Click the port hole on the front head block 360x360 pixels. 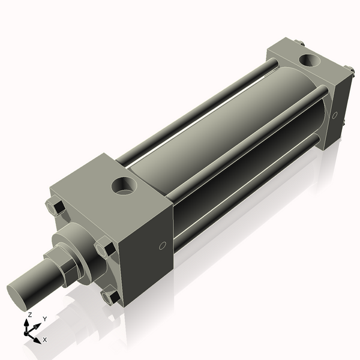coord(125,185)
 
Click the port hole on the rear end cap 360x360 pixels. coord(310,60)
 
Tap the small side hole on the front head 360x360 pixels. coord(162,245)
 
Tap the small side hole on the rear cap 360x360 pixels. coord(335,115)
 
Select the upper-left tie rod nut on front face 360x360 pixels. coord(56,207)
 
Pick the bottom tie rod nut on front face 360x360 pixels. coord(112,296)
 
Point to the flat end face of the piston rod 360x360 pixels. coord(18,293)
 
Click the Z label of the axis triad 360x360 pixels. coord(29,315)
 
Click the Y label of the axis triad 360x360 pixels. coord(44,319)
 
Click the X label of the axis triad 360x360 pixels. coord(45,340)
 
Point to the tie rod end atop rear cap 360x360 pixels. coord(299,43)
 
